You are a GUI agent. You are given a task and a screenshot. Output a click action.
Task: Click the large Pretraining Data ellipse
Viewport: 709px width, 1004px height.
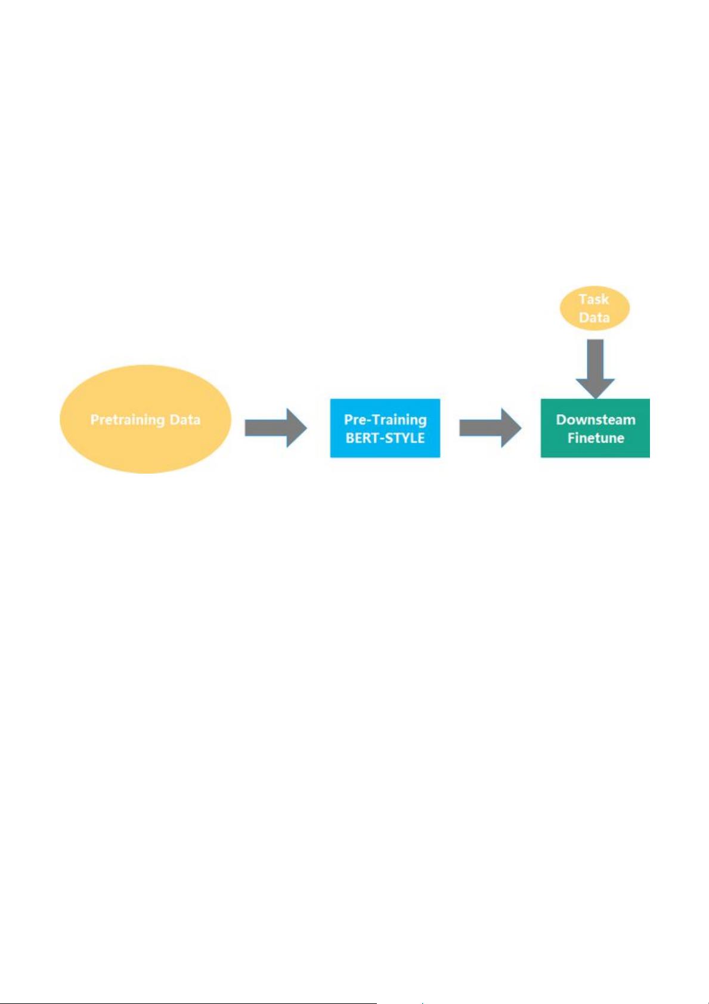(145, 419)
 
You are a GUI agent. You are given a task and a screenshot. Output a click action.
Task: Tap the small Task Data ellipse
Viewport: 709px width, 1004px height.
(595, 308)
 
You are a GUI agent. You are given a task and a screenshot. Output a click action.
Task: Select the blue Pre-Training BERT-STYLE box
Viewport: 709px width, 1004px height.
(385, 428)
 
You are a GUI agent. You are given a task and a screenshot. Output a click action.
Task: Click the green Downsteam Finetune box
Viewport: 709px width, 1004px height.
(595, 428)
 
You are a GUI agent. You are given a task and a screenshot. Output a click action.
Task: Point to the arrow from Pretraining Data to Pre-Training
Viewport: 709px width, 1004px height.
(275, 428)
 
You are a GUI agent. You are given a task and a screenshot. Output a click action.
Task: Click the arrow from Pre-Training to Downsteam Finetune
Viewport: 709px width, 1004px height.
(490, 428)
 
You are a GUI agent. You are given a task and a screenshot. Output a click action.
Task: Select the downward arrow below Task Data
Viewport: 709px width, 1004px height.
(595, 369)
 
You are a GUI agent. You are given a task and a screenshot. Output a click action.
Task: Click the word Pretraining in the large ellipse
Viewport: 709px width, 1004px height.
(128, 420)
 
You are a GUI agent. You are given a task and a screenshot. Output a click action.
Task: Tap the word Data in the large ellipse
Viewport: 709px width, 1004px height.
(185, 419)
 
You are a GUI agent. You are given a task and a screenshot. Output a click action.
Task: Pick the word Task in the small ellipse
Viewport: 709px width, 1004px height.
(594, 299)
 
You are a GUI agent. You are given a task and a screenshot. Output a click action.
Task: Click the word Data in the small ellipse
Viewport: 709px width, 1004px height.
(595, 317)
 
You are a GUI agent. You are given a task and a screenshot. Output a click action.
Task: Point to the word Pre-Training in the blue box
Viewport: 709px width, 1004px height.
(385, 420)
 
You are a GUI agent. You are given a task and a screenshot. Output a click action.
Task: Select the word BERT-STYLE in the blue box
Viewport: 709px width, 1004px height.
(385, 437)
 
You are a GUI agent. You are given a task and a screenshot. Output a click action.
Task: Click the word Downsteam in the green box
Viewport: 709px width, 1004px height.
(596, 419)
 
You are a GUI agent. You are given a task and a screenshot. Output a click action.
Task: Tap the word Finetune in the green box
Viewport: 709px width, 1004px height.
(596, 437)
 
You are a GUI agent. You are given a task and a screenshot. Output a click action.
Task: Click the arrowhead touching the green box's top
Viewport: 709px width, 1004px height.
(595, 388)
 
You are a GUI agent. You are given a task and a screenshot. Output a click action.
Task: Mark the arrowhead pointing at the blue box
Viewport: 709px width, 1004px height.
(297, 428)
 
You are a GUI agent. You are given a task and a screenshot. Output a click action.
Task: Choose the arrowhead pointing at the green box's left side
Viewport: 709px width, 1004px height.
(512, 428)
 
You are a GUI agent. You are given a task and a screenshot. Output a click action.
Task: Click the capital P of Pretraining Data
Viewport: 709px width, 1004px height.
(94, 419)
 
